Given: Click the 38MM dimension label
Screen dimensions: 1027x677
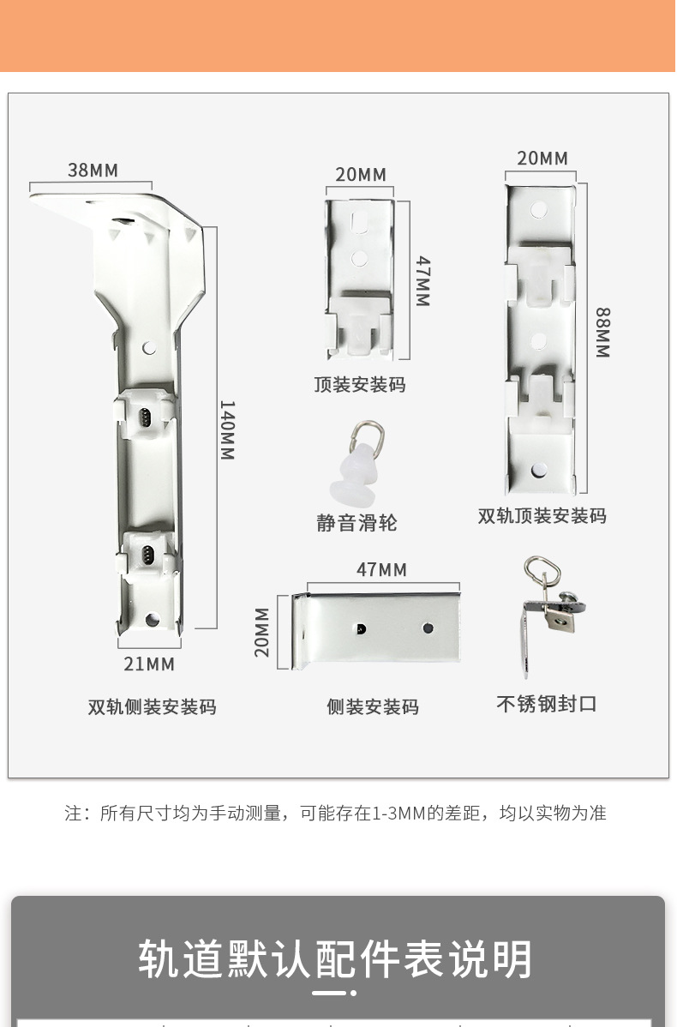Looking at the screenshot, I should point(93,170).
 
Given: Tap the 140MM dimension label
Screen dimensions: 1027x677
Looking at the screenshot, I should point(227,429).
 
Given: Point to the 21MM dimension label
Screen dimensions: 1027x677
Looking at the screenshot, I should point(149,664).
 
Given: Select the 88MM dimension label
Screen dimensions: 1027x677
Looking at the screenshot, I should point(602,332).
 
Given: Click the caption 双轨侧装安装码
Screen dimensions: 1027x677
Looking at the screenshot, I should point(152,707).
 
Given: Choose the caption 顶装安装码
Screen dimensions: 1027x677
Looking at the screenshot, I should point(360,385).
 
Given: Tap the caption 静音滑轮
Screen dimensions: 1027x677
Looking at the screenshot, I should point(356,523).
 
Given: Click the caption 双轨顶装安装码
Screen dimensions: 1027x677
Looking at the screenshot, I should point(542,516).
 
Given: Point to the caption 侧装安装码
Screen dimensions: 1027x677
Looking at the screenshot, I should point(373,707).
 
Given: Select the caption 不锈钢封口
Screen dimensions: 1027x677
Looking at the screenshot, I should point(547,704).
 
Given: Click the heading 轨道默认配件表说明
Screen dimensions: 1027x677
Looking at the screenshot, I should point(336,959).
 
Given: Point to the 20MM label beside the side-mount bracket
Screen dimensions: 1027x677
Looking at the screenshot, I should point(261,632).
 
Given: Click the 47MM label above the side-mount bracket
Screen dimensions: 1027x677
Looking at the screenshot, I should point(381,570).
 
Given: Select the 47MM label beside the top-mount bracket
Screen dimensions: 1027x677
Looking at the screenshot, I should point(422,281).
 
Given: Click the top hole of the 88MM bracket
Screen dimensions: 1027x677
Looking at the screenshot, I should point(538,209).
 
